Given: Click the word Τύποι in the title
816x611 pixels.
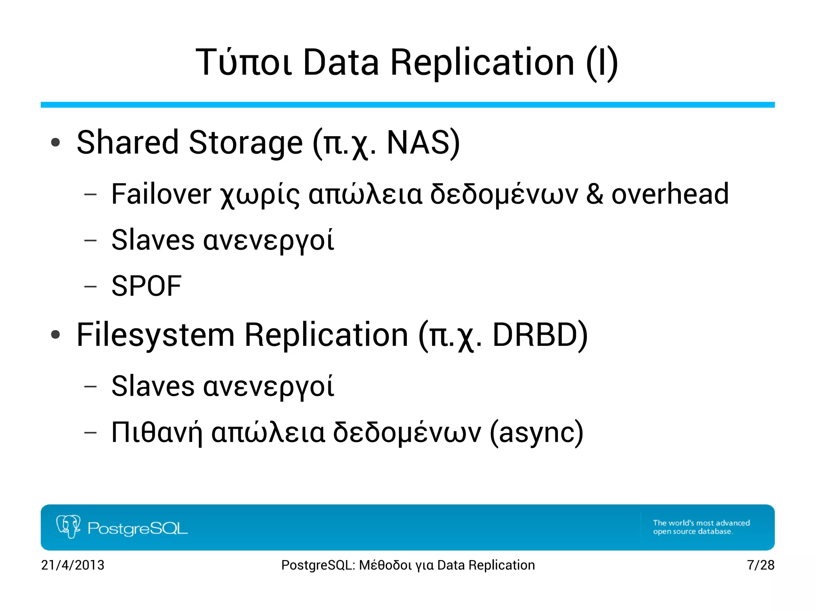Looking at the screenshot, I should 243,62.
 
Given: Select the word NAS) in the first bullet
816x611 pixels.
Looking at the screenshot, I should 423,143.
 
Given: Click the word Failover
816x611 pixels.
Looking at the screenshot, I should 161,194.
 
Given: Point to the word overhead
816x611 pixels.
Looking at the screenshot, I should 670,194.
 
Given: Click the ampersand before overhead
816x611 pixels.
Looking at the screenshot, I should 594,194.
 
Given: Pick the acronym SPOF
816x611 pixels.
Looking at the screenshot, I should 146,286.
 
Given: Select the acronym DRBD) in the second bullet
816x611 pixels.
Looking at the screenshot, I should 540,335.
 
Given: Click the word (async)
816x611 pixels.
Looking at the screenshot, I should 536,433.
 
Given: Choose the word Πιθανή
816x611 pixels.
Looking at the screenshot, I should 157,433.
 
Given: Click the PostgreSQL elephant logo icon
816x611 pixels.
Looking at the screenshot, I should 69,527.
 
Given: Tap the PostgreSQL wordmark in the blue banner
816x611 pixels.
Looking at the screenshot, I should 137,528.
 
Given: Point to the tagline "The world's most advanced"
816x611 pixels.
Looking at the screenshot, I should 701,523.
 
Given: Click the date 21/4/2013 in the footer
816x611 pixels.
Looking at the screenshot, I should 73,565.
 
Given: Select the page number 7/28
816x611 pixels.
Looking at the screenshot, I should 760,565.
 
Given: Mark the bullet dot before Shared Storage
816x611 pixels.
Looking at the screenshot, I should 55,143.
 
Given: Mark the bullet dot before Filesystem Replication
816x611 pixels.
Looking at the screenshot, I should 55,335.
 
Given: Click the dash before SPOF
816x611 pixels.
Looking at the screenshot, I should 90,286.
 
